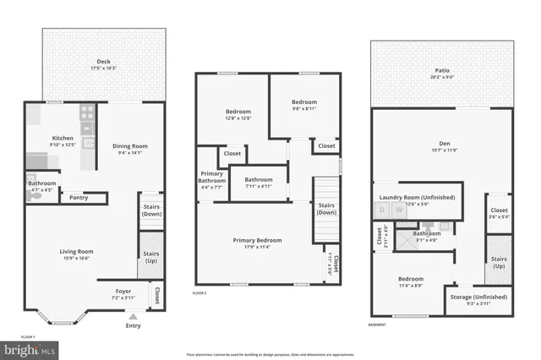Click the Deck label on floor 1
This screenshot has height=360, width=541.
[103, 62]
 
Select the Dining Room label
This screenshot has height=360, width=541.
[130, 146]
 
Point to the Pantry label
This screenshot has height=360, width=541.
[79, 198]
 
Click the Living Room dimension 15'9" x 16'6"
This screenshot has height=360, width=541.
[76, 259]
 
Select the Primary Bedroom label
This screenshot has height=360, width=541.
[258, 240]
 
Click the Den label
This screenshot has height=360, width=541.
[445, 144]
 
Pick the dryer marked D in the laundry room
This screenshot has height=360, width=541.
[383, 212]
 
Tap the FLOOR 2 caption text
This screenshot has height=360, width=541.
[199, 292]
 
